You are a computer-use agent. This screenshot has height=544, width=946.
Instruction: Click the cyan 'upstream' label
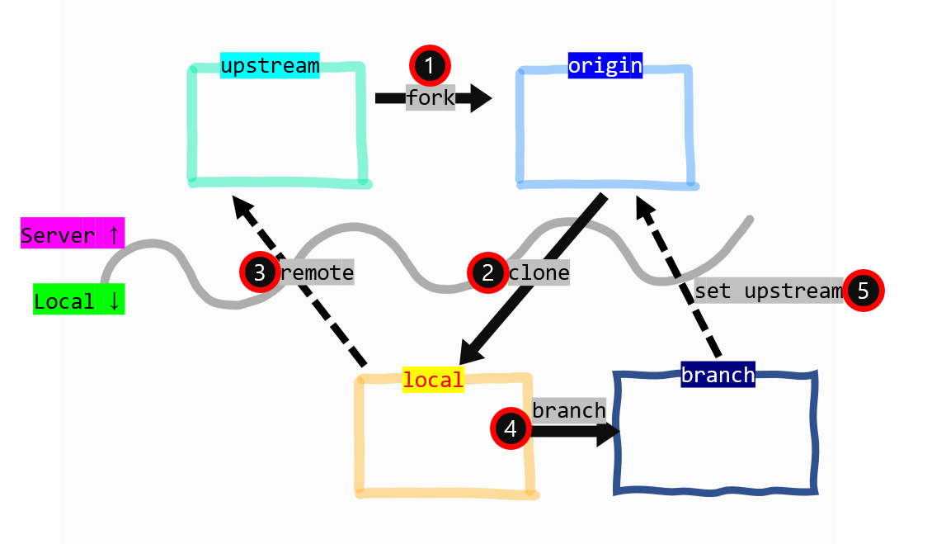(270, 65)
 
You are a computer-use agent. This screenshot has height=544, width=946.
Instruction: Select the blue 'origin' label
(605, 65)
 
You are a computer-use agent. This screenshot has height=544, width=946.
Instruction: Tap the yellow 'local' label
(433, 379)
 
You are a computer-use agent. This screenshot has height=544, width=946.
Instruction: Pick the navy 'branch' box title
(718, 375)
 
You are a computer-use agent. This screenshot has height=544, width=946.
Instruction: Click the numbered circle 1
(429, 64)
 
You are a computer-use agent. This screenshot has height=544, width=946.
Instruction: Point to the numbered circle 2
(487, 272)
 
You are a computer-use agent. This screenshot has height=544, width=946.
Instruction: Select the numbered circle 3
(259, 272)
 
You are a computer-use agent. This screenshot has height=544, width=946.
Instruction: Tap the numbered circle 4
(511, 428)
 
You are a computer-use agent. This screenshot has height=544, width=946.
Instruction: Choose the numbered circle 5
(864, 291)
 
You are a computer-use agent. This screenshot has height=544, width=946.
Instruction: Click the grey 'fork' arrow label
(431, 97)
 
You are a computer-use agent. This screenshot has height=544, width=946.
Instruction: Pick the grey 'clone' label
(539, 272)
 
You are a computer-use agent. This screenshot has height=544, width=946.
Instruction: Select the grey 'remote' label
(317, 272)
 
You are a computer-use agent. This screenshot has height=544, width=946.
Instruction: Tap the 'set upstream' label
(769, 291)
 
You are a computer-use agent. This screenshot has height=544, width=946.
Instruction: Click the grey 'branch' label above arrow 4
(569, 410)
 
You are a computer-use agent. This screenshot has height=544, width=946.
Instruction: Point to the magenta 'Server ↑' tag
(72, 235)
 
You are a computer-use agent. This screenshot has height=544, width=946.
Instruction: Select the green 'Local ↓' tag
(78, 301)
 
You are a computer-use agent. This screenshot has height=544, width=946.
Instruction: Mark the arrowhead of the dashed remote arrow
(242, 207)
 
